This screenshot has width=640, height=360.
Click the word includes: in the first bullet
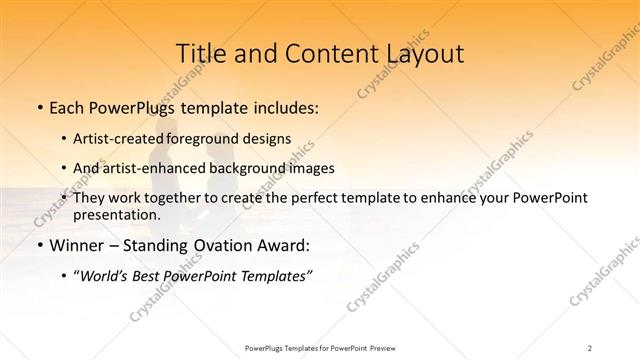coord(280,105)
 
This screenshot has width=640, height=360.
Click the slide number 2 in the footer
coord(590,347)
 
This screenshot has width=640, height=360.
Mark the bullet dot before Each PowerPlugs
coord(39,105)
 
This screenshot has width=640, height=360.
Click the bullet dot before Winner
coord(39,245)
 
